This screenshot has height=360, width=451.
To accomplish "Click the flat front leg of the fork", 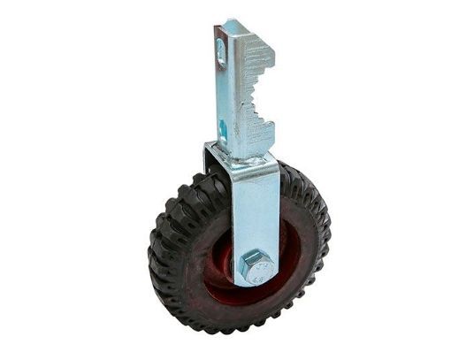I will tap(256, 212).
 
